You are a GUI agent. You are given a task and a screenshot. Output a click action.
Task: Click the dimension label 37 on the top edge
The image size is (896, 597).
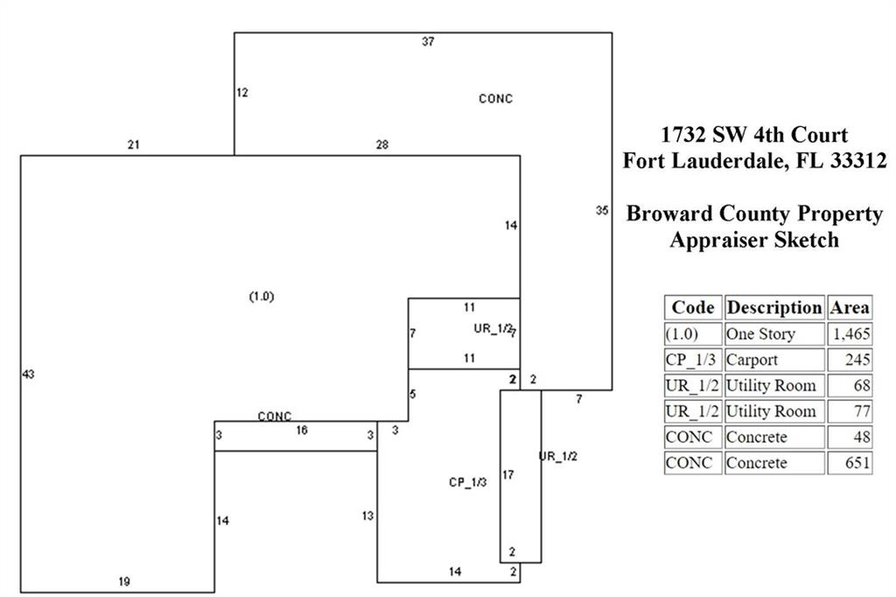pos(428,41)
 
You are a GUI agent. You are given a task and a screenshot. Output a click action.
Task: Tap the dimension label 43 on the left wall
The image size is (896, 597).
pos(28,375)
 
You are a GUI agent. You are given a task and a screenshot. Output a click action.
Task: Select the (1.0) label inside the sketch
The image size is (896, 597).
pos(262,296)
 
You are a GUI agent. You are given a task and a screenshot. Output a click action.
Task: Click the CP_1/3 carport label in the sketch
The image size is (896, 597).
pos(468,482)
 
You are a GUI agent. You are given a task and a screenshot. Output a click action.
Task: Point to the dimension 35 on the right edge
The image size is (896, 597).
pos(601,210)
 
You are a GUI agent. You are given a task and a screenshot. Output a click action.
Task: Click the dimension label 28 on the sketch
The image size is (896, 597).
pos(382,144)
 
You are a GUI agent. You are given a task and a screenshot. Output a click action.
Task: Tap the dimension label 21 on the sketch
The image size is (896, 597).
pos(133,144)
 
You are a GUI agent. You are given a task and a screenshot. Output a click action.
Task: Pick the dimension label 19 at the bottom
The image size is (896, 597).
pos(124,581)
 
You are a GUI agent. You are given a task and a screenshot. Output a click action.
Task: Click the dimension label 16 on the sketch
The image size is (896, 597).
pos(302,430)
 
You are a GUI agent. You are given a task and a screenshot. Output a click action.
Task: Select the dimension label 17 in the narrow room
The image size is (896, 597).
pos(507,475)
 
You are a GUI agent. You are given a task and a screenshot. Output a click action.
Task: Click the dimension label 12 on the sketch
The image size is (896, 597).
pos(242,92)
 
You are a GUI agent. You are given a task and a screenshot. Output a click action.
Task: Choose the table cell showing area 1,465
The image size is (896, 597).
pos(849,334)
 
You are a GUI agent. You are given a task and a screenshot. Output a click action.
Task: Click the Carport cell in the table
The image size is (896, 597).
pos(773,360)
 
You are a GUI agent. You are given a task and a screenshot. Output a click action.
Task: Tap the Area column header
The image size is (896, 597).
pos(849,307)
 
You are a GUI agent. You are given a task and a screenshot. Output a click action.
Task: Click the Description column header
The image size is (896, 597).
pos(774,307)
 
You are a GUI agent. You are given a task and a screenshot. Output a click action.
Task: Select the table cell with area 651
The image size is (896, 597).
pos(849,463)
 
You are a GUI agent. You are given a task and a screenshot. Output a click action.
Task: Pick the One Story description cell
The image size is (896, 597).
pos(773,334)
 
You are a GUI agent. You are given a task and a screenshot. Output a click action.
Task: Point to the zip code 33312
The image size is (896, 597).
pos(857,161)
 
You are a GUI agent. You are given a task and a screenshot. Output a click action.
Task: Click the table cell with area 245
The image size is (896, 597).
pos(849,360)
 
